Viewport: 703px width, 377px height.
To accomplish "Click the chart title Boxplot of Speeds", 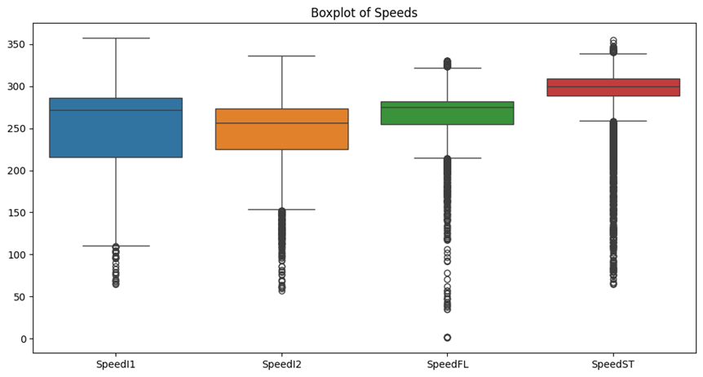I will pyautogui.click(x=364, y=13).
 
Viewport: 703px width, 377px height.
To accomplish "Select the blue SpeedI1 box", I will pyautogui.click(x=116, y=127).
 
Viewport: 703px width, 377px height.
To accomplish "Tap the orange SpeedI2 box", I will pyautogui.click(x=282, y=129).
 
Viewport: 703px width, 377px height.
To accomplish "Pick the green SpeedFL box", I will pyautogui.click(x=447, y=113).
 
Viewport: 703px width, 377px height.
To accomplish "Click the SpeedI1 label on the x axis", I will pyautogui.click(x=116, y=364).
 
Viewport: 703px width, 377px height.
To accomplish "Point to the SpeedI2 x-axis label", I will pyautogui.click(x=282, y=364).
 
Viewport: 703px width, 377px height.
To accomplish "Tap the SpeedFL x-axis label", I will pyautogui.click(x=448, y=364).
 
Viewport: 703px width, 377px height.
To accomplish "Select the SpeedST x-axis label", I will pyautogui.click(x=613, y=364).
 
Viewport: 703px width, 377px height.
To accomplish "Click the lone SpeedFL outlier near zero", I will pyautogui.click(x=447, y=337).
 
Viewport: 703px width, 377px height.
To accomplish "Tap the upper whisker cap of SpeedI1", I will pyautogui.click(x=116, y=38).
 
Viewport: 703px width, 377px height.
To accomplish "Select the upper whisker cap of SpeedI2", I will pyautogui.click(x=282, y=56).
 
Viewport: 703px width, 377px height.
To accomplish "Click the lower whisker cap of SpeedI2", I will pyautogui.click(x=282, y=210).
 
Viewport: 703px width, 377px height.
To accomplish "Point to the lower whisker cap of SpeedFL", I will pyautogui.click(x=447, y=158).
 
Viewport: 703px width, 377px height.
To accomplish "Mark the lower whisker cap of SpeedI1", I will pyautogui.click(x=116, y=246).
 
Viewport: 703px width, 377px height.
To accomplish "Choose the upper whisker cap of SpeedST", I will pyautogui.click(x=613, y=54).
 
